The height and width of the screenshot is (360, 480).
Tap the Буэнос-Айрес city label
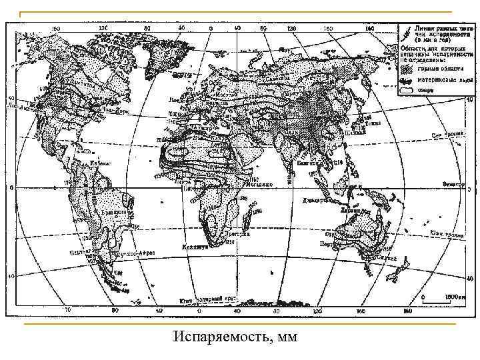pyautogui.click(x=137, y=254)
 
